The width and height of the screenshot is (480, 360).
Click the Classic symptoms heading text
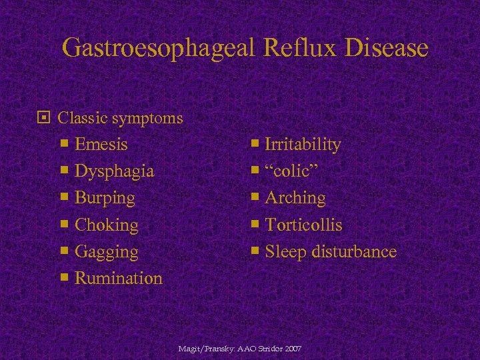point(121,118)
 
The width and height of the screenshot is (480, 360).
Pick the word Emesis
point(101,145)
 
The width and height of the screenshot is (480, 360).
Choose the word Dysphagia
point(115,171)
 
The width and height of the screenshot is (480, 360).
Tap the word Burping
point(105,198)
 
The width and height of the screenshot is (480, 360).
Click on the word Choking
point(107,225)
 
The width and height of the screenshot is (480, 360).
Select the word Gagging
point(107,252)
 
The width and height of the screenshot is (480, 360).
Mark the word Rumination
point(119,278)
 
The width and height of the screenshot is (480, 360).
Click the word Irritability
point(303,145)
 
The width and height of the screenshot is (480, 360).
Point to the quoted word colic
point(291,171)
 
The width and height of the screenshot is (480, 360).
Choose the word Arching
point(295,198)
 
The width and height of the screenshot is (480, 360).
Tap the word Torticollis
point(303,225)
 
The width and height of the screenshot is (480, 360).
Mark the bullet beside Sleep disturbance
point(255,251)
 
